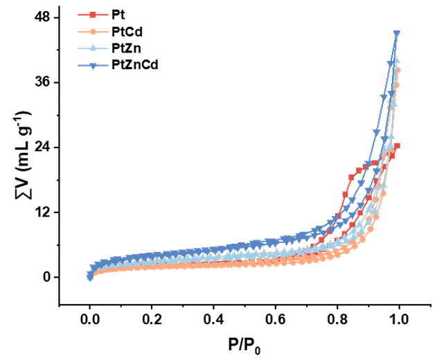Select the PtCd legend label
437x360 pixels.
[x=125, y=31]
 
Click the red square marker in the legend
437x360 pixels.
[x=89, y=13]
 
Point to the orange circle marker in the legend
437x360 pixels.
[x=89, y=31]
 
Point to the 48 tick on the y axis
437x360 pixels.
[x=42, y=17]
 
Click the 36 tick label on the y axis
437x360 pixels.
[x=42, y=82]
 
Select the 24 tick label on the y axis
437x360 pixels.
[x=42, y=147]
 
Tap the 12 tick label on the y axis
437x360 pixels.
[x=42, y=213]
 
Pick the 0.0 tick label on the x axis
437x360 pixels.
[x=89, y=321]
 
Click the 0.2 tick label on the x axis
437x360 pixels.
[x=151, y=321]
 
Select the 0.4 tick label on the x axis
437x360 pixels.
[x=213, y=321]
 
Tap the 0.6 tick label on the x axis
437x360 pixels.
[x=275, y=321]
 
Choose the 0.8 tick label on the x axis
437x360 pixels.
[x=337, y=321]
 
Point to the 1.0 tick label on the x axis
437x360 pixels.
[x=399, y=321]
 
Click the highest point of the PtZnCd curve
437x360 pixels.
[x=397, y=33]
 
